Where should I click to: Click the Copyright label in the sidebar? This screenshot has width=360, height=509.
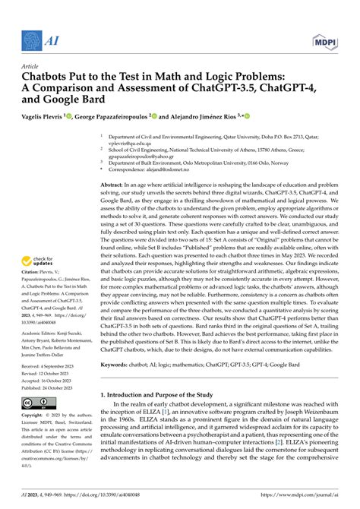[x=35, y=416]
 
